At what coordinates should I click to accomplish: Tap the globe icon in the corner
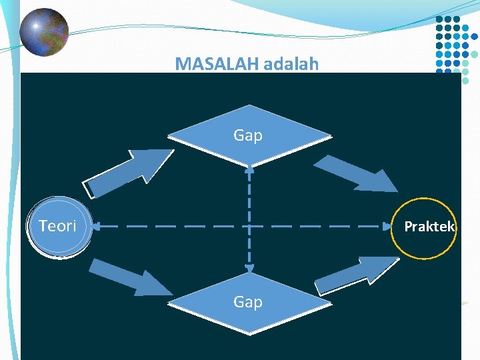(44, 32)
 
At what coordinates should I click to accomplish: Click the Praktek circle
(425, 227)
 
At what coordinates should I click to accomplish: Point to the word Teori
(57, 226)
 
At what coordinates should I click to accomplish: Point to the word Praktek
(429, 227)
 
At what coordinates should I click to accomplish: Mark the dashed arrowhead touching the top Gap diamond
(249, 169)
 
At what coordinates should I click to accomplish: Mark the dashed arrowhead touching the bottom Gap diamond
(249, 269)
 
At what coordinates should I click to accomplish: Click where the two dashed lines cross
(249, 227)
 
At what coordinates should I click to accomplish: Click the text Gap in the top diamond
(248, 135)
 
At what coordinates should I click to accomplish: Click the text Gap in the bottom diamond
(248, 302)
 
